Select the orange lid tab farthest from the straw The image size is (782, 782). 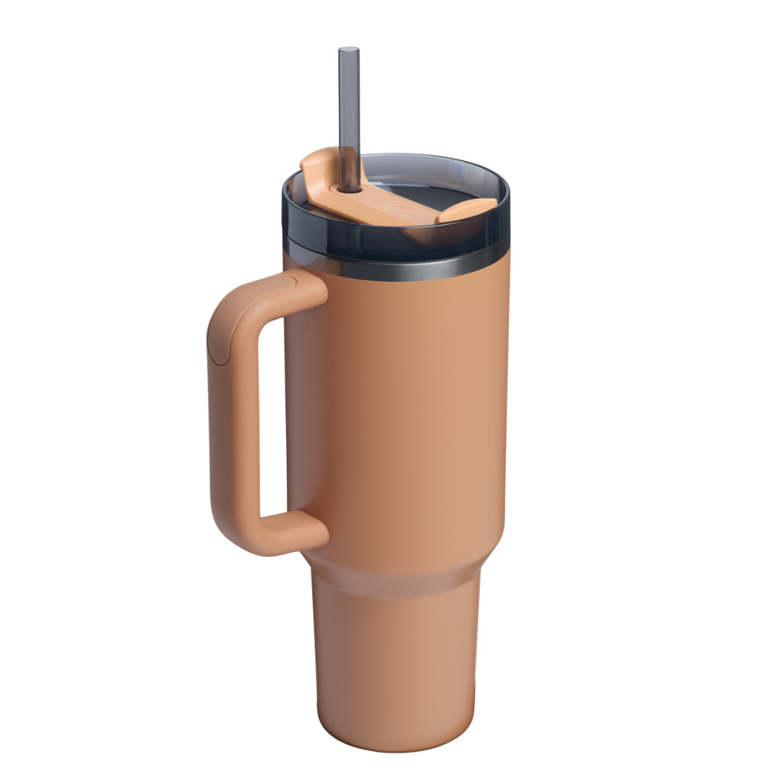[468, 209]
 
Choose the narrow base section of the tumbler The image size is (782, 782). [395, 655]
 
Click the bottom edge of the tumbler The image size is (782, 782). [395, 748]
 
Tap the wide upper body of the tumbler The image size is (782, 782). [402, 410]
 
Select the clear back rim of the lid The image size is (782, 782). [417, 159]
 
